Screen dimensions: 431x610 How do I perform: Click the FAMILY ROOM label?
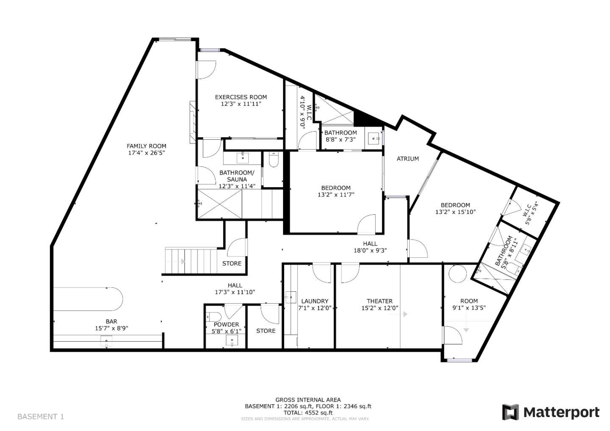coord(146,146)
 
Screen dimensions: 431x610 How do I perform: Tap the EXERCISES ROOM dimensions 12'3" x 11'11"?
coord(241,104)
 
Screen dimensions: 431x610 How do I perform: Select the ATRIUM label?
coord(408,159)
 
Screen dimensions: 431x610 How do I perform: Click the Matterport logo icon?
coord(510,412)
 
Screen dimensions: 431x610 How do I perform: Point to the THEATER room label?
coord(379,301)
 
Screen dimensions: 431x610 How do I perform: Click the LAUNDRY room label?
coord(314,301)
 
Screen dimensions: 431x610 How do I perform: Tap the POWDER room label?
coord(226,325)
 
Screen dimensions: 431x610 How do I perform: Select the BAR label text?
coord(111,321)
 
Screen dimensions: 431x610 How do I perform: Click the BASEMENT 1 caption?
coord(41,417)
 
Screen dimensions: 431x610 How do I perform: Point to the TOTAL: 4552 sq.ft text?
coord(308,413)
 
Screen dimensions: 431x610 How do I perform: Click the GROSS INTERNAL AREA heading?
coord(308,400)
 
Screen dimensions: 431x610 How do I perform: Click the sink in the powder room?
coord(232,340)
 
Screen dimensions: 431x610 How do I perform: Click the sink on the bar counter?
coord(106,340)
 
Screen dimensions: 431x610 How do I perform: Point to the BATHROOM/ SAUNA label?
coord(237,176)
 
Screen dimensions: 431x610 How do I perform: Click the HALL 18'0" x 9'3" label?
coord(370,247)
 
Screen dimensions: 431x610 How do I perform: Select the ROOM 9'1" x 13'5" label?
coord(469,304)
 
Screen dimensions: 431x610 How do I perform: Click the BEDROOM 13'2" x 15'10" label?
coord(455,208)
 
